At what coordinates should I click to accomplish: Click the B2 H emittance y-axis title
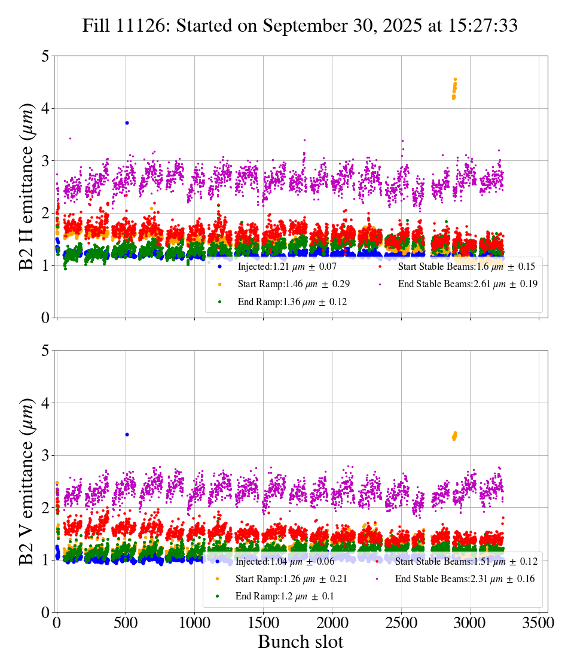27,187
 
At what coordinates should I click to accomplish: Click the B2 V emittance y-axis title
27,481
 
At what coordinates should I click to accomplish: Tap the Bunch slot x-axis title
300,642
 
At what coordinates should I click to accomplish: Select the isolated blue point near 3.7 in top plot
127,123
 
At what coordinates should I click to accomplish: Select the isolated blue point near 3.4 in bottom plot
127,434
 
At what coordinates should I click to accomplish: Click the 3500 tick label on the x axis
539,623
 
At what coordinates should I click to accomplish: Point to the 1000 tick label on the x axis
194,623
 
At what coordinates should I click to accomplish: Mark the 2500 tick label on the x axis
401,623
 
